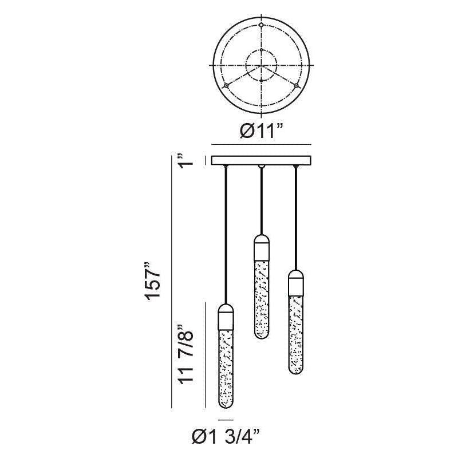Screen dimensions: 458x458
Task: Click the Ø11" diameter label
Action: tap(262, 131)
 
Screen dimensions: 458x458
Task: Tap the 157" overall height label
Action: tap(153, 281)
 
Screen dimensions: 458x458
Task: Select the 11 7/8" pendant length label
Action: tap(185, 354)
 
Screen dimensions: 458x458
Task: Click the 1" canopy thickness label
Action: tap(185, 160)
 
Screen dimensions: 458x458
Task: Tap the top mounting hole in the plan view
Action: tap(262, 25)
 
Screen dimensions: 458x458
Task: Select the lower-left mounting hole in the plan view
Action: tap(226, 85)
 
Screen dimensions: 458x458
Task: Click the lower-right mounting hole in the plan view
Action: tap(297, 85)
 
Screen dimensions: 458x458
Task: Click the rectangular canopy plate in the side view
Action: tap(262, 160)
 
